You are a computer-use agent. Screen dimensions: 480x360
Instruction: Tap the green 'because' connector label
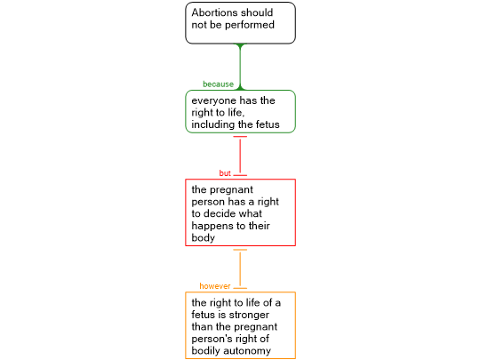pyautogui.click(x=218, y=84)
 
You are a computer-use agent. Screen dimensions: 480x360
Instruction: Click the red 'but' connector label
pyautogui.click(x=225, y=173)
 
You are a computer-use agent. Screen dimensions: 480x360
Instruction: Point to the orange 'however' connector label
pyautogui.click(x=214, y=286)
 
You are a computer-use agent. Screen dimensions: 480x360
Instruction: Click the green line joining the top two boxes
pyautogui.click(x=240, y=67)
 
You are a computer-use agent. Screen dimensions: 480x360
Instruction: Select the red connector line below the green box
pyautogui.click(x=240, y=156)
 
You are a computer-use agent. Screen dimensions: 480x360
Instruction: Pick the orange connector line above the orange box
pyautogui.click(x=240, y=268)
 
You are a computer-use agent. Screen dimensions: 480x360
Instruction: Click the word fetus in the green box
pyautogui.click(x=268, y=124)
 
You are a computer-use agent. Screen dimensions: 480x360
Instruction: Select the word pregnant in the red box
pyautogui.click(x=232, y=190)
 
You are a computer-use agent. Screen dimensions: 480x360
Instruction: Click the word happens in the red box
pyautogui.click(x=210, y=227)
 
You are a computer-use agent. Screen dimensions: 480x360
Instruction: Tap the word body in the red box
pyautogui.click(x=203, y=238)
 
